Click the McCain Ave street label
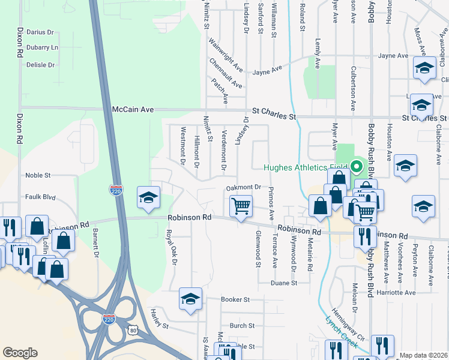click(x=133, y=110)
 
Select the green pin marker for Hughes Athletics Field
click(x=357, y=166)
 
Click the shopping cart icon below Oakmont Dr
click(x=241, y=206)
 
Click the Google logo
click(x=20, y=353)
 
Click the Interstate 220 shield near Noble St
click(x=116, y=190)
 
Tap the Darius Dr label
click(x=40, y=32)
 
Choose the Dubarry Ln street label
click(x=42, y=47)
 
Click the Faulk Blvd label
click(x=40, y=196)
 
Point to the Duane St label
click(x=284, y=283)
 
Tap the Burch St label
click(x=242, y=326)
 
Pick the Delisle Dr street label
click(x=41, y=65)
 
